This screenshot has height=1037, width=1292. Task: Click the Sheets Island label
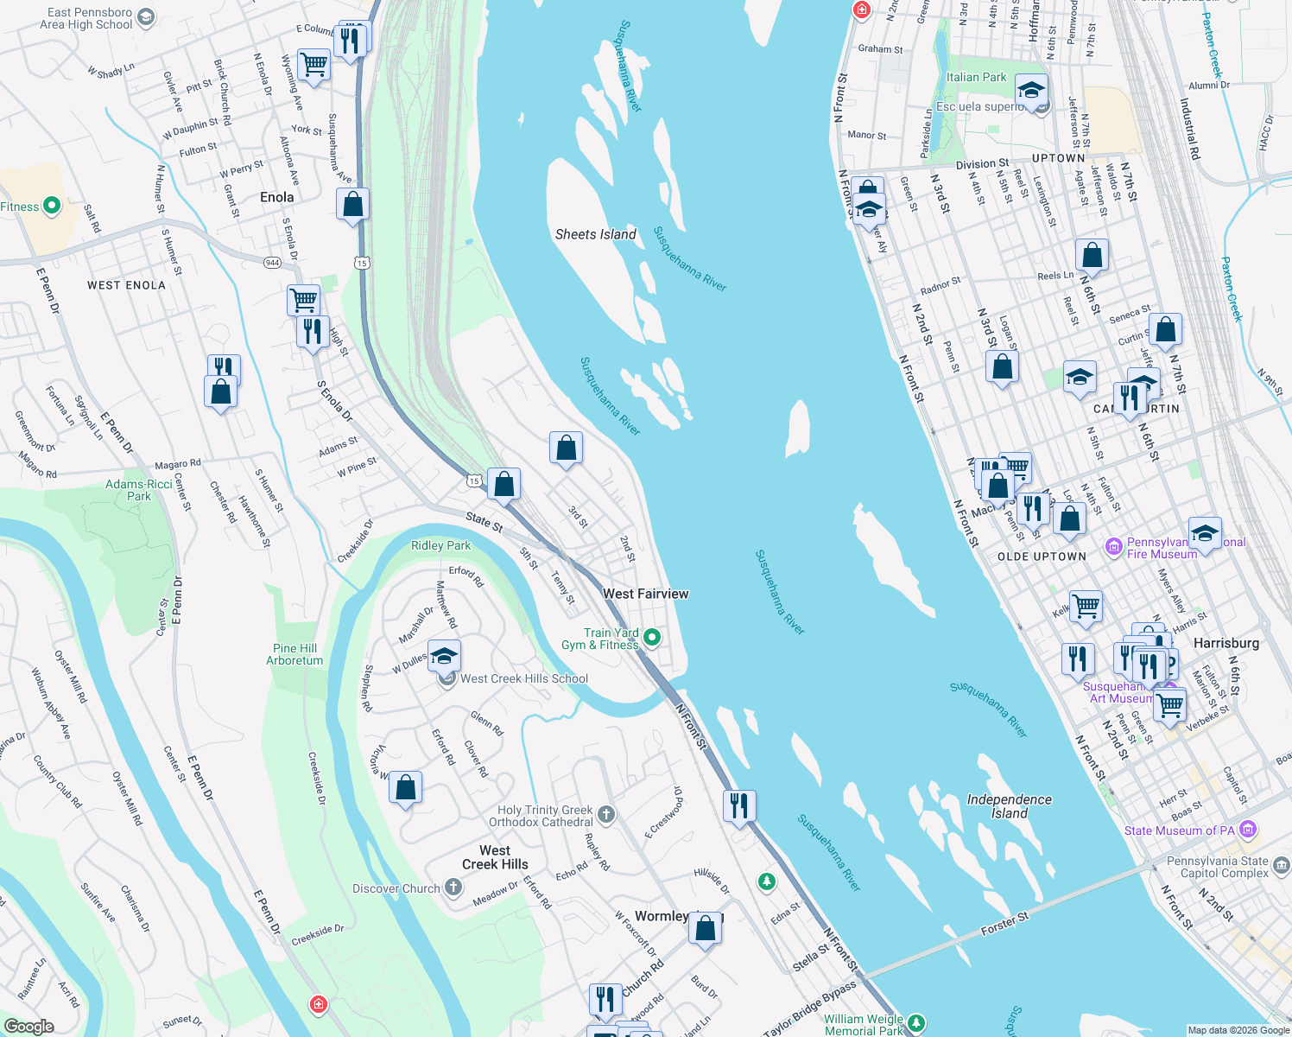(595, 234)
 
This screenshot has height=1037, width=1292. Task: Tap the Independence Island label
(1009, 806)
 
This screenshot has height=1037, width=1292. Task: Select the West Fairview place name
(645, 594)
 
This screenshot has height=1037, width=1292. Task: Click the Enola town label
(276, 197)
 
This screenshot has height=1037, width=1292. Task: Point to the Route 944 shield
(273, 262)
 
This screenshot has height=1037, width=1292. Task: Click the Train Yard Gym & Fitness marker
(653, 639)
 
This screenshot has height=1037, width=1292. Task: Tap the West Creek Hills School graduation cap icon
(444, 657)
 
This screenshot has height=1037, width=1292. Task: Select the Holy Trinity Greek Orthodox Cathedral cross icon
(606, 814)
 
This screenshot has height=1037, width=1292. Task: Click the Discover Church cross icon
(453, 888)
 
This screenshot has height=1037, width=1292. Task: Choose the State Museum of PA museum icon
(1247, 830)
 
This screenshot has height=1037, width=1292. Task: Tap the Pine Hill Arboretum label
(294, 654)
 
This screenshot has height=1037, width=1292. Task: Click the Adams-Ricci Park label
(139, 490)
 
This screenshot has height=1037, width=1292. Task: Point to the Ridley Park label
(440, 545)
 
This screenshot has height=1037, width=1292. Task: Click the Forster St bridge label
(1004, 925)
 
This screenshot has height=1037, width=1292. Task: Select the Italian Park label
(976, 77)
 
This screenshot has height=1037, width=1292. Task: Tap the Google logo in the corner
(28, 1026)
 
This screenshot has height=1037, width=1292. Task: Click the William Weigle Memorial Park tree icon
(915, 1024)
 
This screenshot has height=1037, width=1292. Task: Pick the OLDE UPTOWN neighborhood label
(1042, 557)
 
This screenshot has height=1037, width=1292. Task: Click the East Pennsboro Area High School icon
(146, 17)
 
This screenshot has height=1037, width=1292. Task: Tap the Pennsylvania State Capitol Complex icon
(1281, 864)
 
